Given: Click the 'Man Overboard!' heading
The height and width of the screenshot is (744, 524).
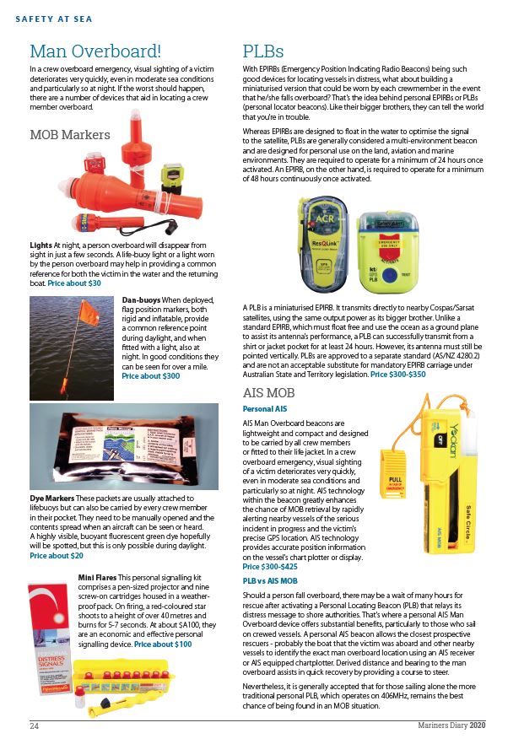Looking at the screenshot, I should pos(95,51).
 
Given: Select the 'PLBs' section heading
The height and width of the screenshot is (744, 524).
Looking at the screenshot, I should pos(262,51).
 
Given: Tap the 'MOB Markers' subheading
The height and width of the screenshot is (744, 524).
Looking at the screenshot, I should pos(69,134).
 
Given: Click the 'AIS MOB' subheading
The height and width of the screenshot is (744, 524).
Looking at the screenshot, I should pos(268,393).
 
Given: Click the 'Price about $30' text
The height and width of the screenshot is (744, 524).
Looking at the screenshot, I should pos(74,283).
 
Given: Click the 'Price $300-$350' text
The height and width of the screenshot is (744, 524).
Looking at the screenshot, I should pos(397,374).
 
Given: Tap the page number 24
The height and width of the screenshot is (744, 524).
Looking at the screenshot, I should pos(35,726).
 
